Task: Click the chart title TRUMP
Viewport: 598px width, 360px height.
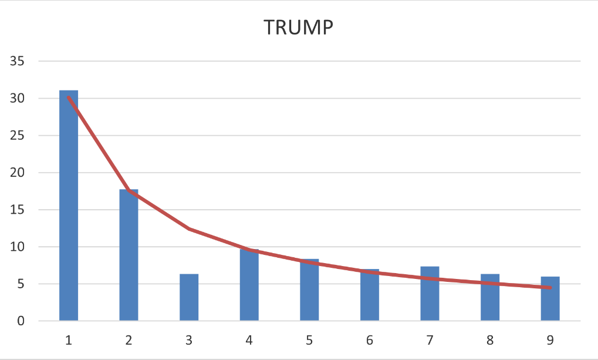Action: (x=299, y=28)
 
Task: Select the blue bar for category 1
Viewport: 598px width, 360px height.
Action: (x=69, y=206)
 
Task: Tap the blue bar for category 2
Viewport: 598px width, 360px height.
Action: (x=129, y=255)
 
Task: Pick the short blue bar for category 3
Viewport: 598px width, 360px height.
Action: (x=189, y=297)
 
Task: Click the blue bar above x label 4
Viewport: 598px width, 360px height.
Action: (x=249, y=285)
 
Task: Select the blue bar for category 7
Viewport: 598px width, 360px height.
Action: (x=430, y=294)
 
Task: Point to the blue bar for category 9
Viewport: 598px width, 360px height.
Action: (x=550, y=298)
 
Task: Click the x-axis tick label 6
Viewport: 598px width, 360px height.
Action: (x=369, y=339)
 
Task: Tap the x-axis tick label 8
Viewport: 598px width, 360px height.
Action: (x=489, y=339)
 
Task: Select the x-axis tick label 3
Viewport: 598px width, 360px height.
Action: (x=189, y=339)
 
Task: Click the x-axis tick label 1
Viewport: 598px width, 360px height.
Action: (x=69, y=339)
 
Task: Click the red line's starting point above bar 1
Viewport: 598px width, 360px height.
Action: (x=69, y=97)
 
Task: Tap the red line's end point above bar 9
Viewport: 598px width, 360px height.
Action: (x=550, y=288)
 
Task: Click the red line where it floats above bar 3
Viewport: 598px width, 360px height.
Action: (x=189, y=228)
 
